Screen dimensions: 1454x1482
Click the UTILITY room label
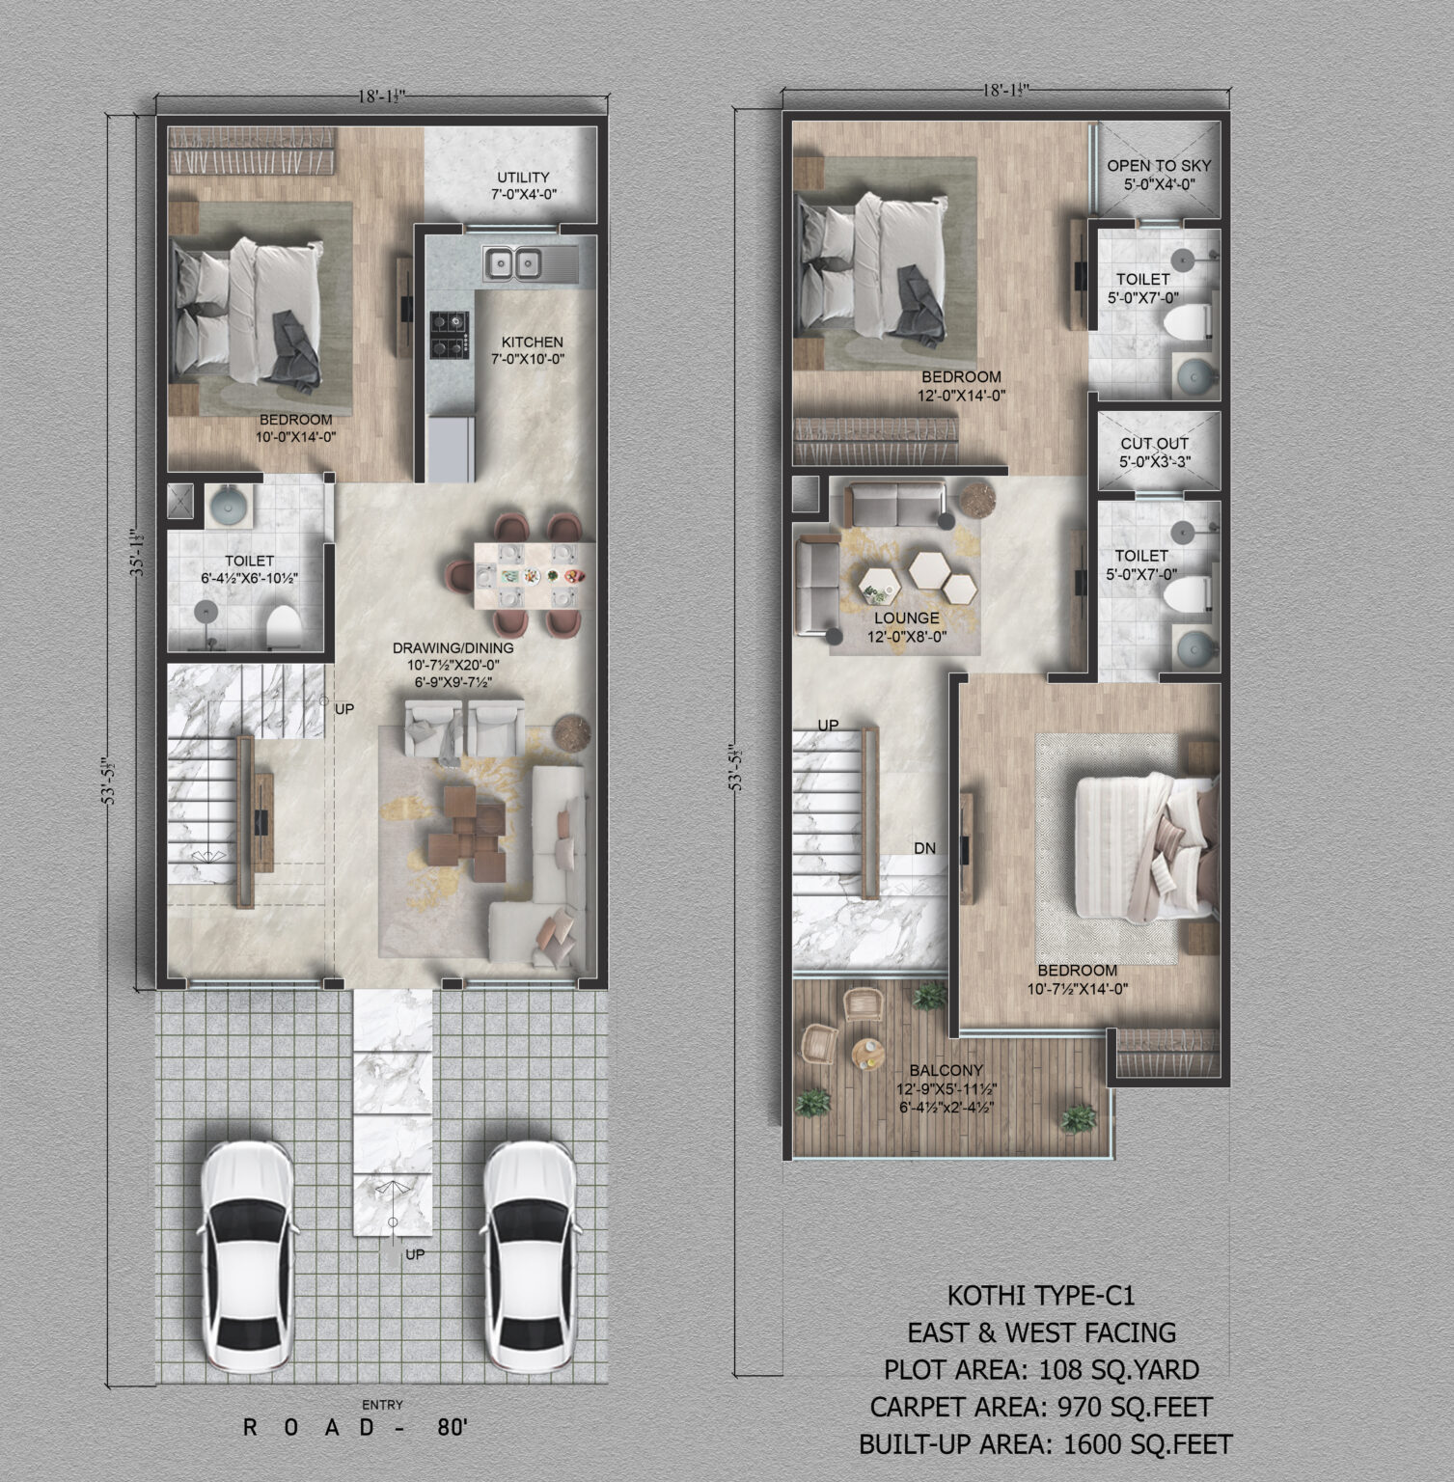click(523, 177)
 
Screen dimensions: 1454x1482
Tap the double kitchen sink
click(513, 262)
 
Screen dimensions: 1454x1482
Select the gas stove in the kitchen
click(449, 334)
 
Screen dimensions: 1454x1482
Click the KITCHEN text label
click(532, 342)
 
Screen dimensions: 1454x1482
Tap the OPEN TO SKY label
click(1159, 166)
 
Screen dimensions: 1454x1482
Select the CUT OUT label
click(1154, 444)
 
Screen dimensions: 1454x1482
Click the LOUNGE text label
click(907, 618)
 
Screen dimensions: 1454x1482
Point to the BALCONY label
click(946, 1070)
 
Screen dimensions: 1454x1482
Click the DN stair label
click(925, 849)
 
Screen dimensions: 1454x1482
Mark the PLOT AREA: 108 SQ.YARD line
click(1041, 1369)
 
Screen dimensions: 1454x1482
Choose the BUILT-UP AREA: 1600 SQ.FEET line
click(1045, 1444)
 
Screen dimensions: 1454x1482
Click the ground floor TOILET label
click(250, 561)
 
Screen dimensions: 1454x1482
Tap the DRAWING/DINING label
click(453, 648)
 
